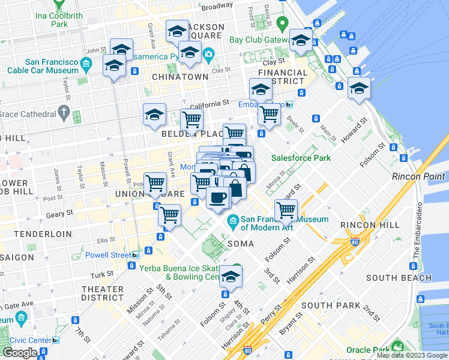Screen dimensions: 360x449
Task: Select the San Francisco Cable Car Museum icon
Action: (87, 64)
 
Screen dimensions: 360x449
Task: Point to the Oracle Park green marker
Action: (397, 347)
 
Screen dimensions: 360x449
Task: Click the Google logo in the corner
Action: (19, 353)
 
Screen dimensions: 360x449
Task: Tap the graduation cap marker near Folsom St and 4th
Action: (229, 277)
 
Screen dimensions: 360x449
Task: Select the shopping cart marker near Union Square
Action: (155, 182)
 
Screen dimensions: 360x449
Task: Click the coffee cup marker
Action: (217, 197)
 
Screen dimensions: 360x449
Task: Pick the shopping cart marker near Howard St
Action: (286, 211)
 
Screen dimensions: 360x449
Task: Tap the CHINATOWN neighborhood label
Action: (180, 77)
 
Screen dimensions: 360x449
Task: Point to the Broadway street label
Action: (217, 6)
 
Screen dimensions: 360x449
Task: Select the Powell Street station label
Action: (104, 255)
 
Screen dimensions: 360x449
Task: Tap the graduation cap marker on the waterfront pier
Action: (359, 89)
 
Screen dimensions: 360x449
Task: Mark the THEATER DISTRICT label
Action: (103, 293)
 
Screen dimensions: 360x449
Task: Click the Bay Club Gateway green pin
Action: (283, 25)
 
